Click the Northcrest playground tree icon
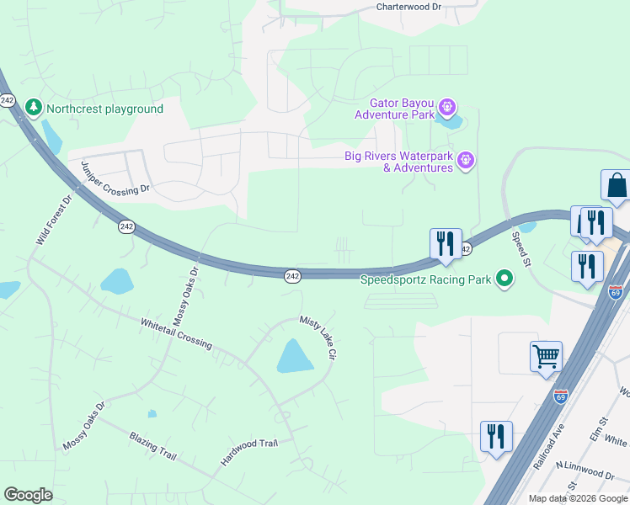[34, 108]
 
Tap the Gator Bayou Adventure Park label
[395, 109]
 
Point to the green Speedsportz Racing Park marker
[505, 279]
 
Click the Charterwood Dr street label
[408, 7]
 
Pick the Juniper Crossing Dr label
[115, 178]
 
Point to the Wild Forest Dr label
[55, 218]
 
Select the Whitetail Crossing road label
[177, 334]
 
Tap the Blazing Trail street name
[152, 446]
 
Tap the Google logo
[28, 495]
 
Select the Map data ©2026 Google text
[577, 498]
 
